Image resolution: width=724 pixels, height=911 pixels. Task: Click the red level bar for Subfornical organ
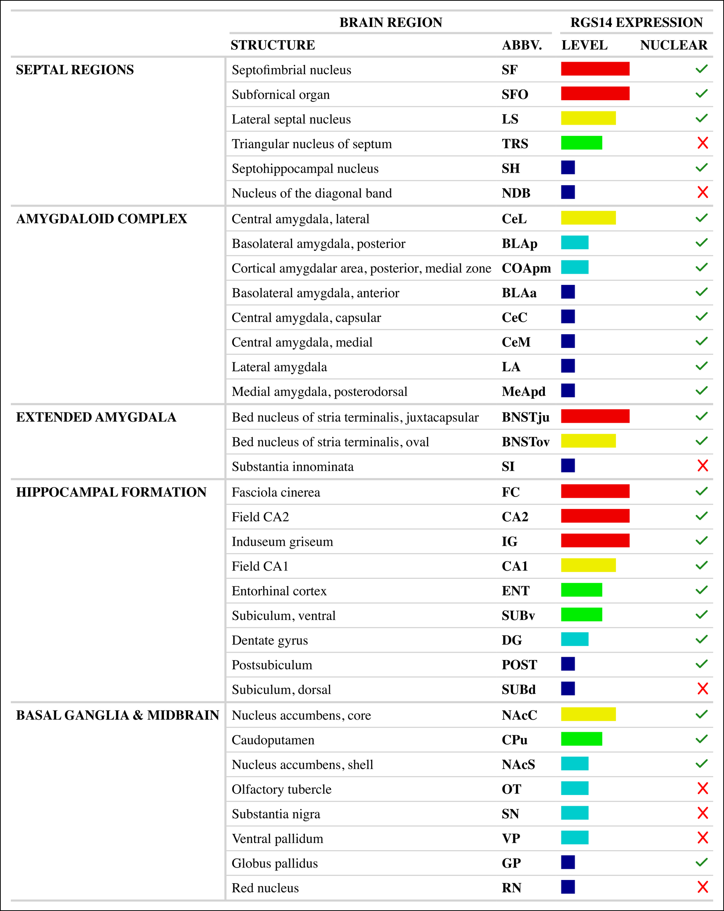pyautogui.click(x=595, y=94)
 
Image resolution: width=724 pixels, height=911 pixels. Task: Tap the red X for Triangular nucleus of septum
pyautogui.click(x=702, y=143)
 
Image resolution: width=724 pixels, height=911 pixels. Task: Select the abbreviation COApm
pyautogui.click(x=526, y=268)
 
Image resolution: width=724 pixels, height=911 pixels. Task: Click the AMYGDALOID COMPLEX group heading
pyautogui.click(x=101, y=219)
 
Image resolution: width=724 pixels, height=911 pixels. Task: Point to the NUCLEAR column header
pyautogui.click(x=674, y=45)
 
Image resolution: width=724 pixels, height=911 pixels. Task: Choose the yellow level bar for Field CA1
pyautogui.click(x=588, y=565)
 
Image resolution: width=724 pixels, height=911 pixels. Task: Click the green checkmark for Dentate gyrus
pyautogui.click(x=701, y=639)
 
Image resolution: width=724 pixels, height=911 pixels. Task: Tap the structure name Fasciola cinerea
pyautogui.click(x=276, y=492)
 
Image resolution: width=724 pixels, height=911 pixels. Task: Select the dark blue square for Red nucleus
pyautogui.click(x=568, y=887)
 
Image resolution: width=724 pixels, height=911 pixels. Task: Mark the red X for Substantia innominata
pyautogui.click(x=702, y=465)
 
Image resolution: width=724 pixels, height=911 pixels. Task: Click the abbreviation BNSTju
pyautogui.click(x=525, y=417)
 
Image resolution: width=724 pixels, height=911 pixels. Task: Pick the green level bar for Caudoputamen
pyautogui.click(x=581, y=739)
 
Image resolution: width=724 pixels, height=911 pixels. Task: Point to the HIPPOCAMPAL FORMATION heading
pyautogui.click(x=111, y=492)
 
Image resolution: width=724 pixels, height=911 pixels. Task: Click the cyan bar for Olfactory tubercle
pyautogui.click(x=575, y=788)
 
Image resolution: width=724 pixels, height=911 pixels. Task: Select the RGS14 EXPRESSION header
pyautogui.click(x=636, y=22)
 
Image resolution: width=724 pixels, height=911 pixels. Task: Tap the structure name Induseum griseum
pyautogui.click(x=282, y=542)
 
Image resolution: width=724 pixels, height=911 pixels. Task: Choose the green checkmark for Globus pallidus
pyautogui.click(x=701, y=862)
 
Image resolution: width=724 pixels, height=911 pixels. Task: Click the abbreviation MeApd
pyautogui.click(x=523, y=392)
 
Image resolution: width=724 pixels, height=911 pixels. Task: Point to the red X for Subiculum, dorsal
pyautogui.click(x=702, y=689)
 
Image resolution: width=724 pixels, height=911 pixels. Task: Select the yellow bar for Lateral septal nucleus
pyautogui.click(x=588, y=118)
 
